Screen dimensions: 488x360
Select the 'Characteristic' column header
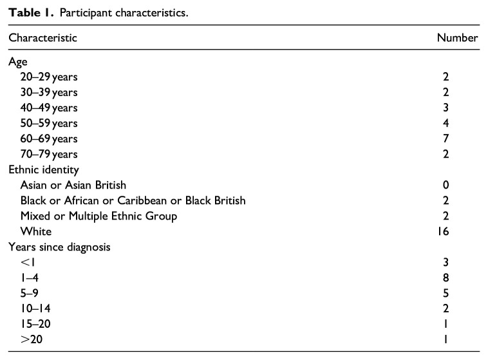pos(42,38)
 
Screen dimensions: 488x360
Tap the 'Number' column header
pos(457,38)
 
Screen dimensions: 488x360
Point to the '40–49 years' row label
pos(49,108)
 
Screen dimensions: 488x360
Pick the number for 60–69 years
pos(464,138)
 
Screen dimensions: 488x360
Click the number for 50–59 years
pos(464,123)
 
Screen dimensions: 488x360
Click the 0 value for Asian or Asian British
pos(464,185)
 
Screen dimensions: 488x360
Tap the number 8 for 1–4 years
pos(464,278)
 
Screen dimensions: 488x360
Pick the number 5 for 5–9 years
pos(464,293)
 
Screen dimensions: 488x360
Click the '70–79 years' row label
pos(49,154)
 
